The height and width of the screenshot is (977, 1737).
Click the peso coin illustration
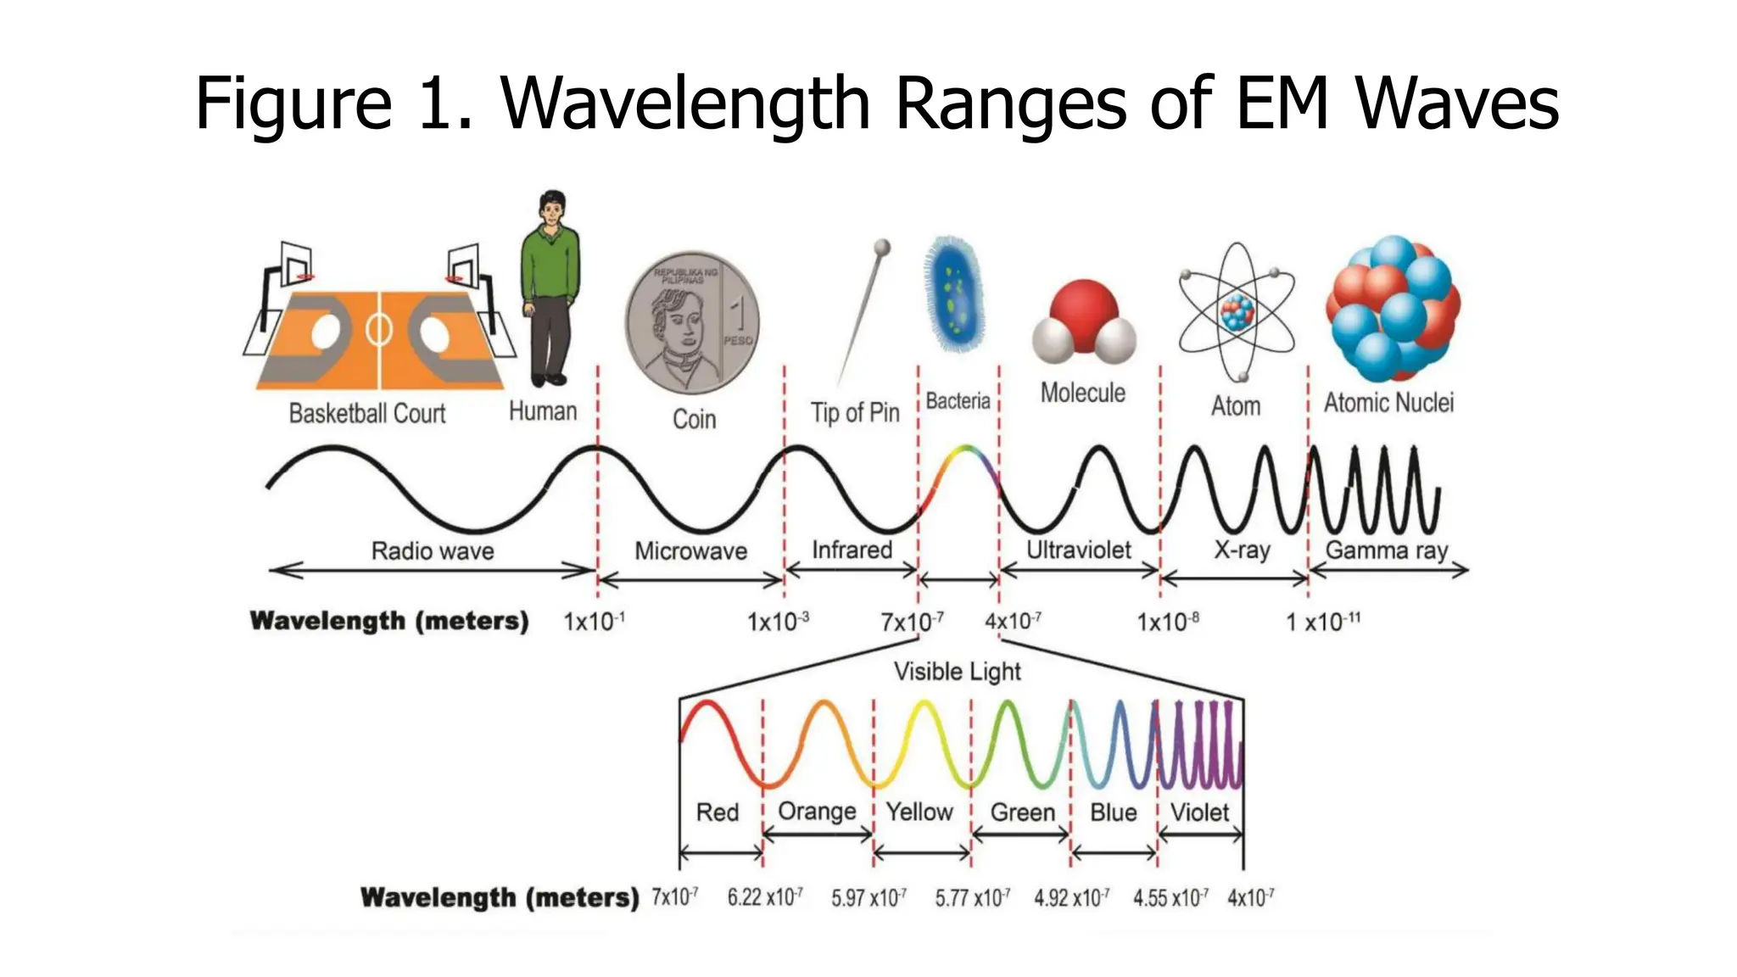[x=692, y=322]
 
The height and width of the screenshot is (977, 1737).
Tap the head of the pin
[x=883, y=248]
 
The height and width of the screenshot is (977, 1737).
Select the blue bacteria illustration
[x=953, y=294]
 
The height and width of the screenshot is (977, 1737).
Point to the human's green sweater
[x=550, y=263]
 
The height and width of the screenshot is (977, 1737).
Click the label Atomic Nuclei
[x=1388, y=402]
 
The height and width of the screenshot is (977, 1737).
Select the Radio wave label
[x=433, y=551]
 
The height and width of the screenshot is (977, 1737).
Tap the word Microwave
[x=690, y=551]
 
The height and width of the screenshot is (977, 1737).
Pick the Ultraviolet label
[x=1078, y=550]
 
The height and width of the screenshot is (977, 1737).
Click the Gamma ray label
[x=1386, y=550]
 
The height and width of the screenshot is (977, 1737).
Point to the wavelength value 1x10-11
[x=1322, y=622]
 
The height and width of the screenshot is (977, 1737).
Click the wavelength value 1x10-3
[x=777, y=622]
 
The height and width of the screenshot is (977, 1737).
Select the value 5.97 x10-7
[x=868, y=897]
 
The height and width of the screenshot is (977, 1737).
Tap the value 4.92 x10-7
[x=1071, y=897]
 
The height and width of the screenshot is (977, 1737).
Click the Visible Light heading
[x=957, y=672]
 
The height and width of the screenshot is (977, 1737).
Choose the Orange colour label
[x=817, y=812]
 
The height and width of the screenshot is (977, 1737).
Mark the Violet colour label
[x=1199, y=812]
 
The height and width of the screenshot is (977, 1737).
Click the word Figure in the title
[x=293, y=103]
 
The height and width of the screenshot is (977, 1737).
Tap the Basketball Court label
[x=366, y=414]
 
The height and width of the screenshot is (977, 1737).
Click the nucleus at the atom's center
[x=1237, y=313]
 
